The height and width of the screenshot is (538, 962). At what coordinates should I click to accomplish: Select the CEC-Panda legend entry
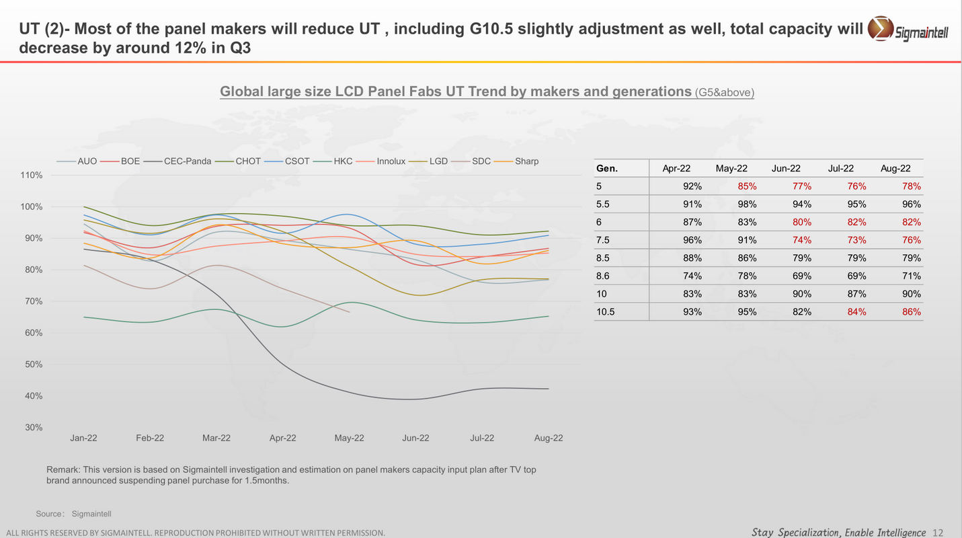click(188, 161)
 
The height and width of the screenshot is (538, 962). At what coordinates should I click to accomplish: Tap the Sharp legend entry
click(526, 161)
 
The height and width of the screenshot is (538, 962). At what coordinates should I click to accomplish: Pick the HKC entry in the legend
click(343, 161)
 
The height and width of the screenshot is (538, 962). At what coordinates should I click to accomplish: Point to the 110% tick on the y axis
click(32, 176)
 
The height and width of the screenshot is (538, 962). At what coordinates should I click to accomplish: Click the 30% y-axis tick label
click(34, 428)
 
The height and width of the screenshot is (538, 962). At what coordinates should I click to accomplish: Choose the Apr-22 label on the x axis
click(282, 438)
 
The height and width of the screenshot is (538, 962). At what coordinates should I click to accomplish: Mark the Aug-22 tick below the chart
click(549, 438)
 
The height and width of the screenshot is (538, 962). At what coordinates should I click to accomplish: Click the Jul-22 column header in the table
click(841, 169)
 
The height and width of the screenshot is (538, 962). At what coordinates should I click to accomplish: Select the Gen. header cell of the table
click(607, 169)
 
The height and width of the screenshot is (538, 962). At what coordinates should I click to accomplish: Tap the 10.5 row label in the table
click(606, 312)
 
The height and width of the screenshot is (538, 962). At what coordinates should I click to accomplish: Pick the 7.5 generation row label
click(602, 240)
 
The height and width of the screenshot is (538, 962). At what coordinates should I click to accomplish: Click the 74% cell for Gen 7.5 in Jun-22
click(802, 240)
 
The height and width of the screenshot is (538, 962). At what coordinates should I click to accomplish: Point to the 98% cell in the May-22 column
click(747, 204)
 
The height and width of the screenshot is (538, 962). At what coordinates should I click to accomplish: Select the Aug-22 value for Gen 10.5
click(912, 312)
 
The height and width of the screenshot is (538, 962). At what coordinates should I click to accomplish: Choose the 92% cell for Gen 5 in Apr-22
click(692, 186)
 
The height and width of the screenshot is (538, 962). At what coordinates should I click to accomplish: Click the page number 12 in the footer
click(938, 533)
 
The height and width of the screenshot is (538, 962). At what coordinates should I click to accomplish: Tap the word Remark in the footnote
click(63, 469)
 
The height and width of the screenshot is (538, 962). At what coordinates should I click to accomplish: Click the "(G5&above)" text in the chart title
click(725, 93)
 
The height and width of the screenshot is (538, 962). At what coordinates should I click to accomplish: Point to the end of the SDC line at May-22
click(349, 311)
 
